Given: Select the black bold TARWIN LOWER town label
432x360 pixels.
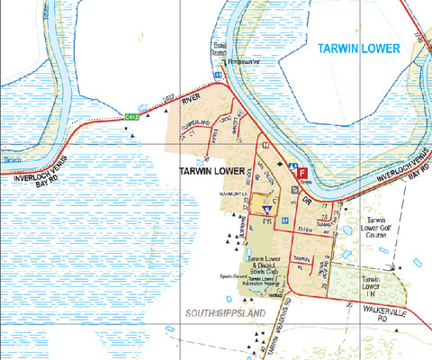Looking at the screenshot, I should [212, 171].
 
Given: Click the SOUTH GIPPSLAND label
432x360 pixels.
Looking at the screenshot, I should [225, 312].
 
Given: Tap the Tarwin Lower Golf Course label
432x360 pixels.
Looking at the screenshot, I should [377, 230].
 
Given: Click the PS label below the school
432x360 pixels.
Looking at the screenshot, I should [266, 220].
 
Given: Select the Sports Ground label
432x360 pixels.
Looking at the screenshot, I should [232, 276].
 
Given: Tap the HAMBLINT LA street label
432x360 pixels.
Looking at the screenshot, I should [219, 192].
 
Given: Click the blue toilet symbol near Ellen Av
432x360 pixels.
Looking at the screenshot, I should [284, 220].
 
